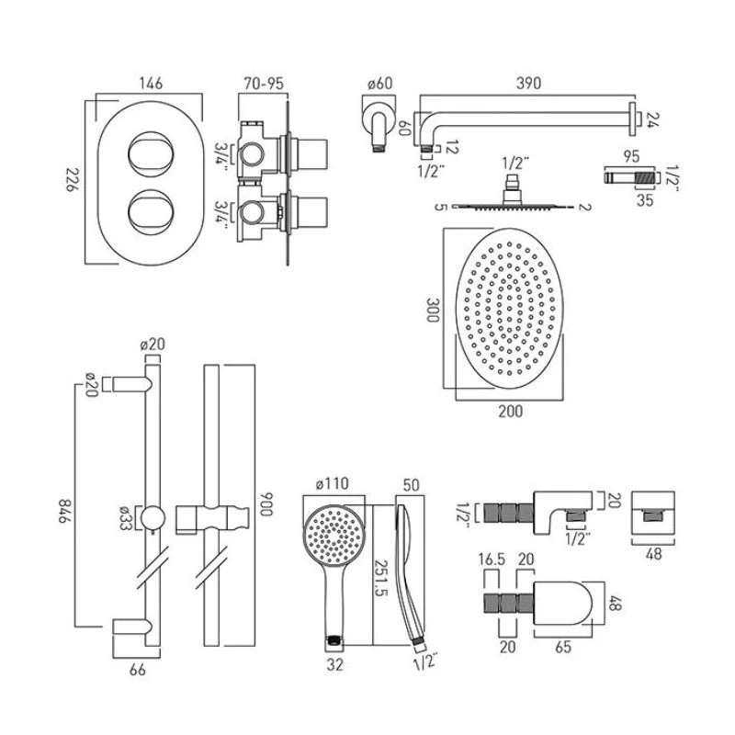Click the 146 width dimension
click(147, 84)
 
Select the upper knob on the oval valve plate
click(147, 152)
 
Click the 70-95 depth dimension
click(263, 84)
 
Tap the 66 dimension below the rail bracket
click(138, 672)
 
